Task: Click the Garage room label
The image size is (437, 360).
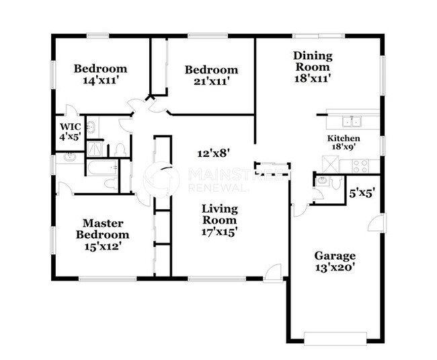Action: click(334, 256)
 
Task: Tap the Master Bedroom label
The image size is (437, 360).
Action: click(106, 229)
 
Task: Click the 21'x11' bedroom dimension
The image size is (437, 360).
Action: click(212, 81)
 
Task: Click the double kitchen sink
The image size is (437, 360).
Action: click(352, 122)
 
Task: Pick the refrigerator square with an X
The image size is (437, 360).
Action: click(331, 164)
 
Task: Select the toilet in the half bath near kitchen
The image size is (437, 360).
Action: click(322, 181)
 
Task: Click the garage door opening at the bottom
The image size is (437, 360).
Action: click(335, 336)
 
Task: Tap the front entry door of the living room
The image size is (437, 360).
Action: click(272, 273)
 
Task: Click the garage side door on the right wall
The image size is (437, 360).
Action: click(379, 225)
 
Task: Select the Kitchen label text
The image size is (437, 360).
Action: click(340, 139)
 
